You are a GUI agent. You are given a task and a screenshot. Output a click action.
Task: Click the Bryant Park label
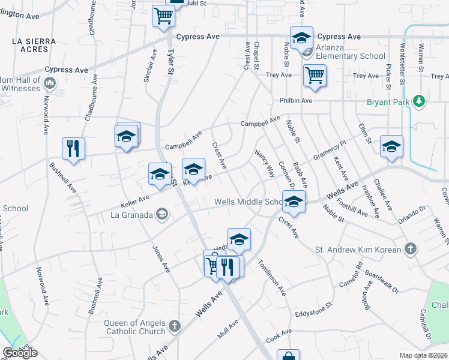pyautogui.click(x=389, y=102)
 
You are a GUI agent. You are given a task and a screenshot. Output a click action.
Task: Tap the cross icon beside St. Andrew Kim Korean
pyautogui.click(x=410, y=248)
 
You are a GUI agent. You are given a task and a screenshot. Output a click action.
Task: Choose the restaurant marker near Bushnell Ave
pyautogui.click(x=73, y=148)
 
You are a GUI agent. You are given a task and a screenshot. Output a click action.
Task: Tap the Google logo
pyautogui.click(x=20, y=353)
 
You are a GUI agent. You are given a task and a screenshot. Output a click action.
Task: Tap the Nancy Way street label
pyautogui.click(x=265, y=164)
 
